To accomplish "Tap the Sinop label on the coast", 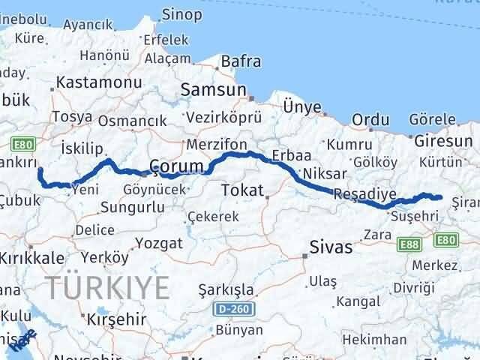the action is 182,14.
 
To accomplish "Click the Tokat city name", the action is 241,190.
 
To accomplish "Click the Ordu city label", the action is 370,120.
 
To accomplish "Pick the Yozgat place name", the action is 161,244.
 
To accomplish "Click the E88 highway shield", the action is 409,244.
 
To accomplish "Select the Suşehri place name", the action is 411,215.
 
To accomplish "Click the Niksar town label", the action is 320,174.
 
